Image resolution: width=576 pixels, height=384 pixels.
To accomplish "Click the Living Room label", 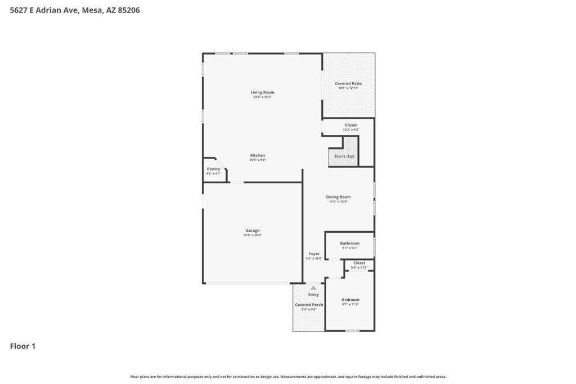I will [x=262, y=92].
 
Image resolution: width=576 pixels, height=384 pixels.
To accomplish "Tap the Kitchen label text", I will [x=258, y=155].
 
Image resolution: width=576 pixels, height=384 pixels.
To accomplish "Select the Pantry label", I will [x=213, y=169].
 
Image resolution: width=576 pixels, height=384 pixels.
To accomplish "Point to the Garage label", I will [x=253, y=230].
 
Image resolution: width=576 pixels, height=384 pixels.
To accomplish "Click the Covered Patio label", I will [x=348, y=83].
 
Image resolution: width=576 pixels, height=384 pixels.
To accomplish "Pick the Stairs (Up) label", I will [x=344, y=156].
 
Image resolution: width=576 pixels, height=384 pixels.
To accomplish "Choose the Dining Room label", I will [x=338, y=197].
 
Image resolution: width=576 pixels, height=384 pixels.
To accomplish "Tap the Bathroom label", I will [x=349, y=243].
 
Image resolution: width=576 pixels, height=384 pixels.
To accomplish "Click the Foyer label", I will [x=314, y=254].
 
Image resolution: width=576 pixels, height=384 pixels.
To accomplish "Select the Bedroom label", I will [x=350, y=300].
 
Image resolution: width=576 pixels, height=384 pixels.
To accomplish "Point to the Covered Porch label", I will [x=309, y=305].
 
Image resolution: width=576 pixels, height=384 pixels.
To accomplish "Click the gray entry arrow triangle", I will [x=313, y=288].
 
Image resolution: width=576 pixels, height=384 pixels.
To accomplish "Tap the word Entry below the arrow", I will [x=313, y=295].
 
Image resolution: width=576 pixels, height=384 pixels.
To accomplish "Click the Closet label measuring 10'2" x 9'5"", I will [x=350, y=125].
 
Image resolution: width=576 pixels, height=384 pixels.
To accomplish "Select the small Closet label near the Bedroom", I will [x=359, y=263].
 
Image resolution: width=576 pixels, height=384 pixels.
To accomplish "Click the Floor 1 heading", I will [x=22, y=346].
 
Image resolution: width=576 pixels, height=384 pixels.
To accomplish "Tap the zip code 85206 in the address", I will [x=129, y=10].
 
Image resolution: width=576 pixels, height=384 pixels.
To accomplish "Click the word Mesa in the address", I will [x=92, y=10].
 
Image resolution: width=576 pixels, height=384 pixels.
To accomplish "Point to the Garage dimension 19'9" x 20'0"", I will [x=253, y=235].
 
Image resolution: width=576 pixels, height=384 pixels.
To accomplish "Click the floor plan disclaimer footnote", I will [x=288, y=377].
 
